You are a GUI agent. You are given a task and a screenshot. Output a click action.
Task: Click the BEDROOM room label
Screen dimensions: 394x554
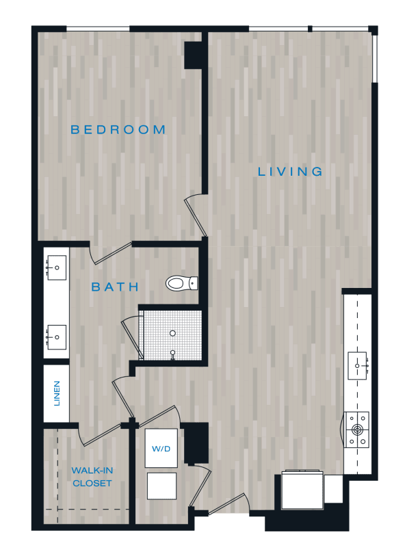[x=118, y=130]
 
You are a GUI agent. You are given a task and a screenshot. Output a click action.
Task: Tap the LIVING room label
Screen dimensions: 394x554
[x=290, y=172]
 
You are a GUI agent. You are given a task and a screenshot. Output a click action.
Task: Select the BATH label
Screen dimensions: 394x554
[x=115, y=287]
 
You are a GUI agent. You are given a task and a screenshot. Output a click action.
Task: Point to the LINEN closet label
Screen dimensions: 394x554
[x=57, y=393]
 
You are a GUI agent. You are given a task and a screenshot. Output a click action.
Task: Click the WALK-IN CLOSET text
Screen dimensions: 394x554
[x=92, y=477]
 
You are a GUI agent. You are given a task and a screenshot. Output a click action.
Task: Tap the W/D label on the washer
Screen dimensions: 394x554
[x=161, y=449]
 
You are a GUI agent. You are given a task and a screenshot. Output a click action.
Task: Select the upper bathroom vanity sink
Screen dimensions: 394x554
[x=56, y=268]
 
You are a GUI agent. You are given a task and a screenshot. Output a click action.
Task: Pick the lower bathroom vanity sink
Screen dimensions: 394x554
[x=56, y=337]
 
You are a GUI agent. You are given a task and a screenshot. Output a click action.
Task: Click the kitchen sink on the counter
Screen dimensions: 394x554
[x=358, y=365]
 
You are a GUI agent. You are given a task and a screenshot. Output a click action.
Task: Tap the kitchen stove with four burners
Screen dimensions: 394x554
[x=357, y=430]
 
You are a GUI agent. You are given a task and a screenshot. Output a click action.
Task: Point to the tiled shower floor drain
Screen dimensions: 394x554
[x=172, y=333]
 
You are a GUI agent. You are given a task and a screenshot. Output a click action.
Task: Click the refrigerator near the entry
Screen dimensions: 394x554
[x=302, y=490]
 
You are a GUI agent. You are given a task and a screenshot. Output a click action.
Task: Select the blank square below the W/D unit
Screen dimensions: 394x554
[x=161, y=486]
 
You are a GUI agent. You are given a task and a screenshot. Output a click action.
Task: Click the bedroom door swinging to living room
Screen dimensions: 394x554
[x=196, y=215]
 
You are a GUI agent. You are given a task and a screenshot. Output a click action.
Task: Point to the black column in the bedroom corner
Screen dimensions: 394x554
[x=194, y=55]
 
